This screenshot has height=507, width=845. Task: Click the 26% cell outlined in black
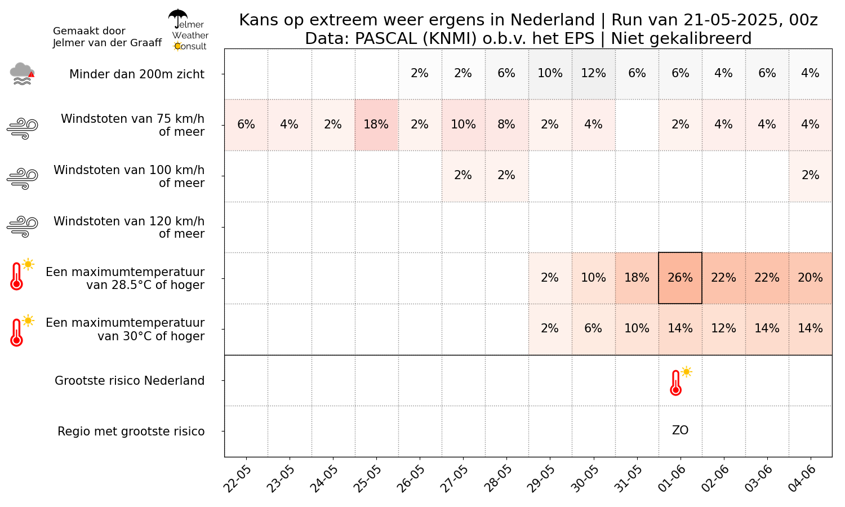(680, 278)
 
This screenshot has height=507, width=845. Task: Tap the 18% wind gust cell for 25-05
(376, 124)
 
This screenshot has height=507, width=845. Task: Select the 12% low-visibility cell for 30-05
(593, 73)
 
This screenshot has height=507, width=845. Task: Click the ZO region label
(680, 430)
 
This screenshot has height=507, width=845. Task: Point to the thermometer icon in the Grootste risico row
(676, 383)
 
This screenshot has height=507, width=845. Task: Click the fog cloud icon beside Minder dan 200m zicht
(22, 74)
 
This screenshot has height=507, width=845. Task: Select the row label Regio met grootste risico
(131, 432)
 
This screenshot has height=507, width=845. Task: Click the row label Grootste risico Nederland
(130, 381)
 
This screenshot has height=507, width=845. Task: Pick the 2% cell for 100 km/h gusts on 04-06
(810, 175)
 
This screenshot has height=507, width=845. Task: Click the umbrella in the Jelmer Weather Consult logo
(178, 17)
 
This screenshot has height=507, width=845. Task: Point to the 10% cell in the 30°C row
(637, 328)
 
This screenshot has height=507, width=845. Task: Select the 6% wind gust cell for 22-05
(246, 124)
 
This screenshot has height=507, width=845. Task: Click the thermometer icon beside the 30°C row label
(17, 332)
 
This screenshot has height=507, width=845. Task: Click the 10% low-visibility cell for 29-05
(550, 73)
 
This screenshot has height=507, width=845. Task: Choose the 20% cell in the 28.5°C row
(810, 278)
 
